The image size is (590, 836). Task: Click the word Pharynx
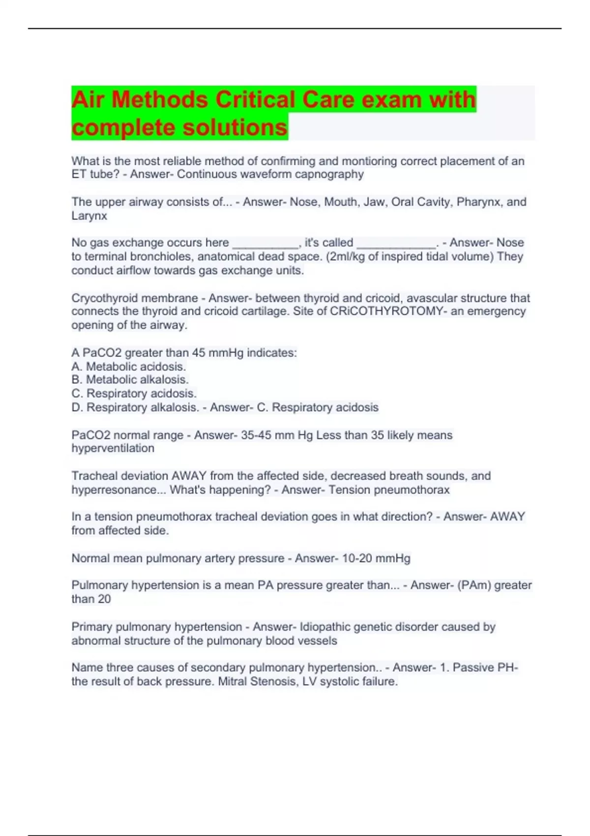[477, 202]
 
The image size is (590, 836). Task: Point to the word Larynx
[89, 216]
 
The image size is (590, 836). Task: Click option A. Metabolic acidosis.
[129, 367]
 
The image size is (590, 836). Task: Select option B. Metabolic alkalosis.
[130, 380]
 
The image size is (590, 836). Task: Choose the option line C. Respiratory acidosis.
[134, 393]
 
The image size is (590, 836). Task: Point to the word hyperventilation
[113, 448]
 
